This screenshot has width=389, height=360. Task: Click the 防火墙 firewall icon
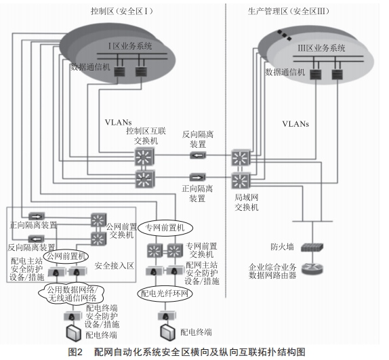[312, 247]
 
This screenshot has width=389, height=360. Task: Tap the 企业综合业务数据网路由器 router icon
[312, 268]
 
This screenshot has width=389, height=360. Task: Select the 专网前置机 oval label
[165, 228]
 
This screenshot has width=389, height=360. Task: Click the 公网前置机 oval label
[66, 256]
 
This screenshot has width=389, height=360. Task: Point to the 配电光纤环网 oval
[165, 294]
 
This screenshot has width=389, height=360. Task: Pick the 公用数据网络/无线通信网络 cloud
[71, 294]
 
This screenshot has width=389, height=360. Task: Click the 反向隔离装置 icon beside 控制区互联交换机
[198, 155]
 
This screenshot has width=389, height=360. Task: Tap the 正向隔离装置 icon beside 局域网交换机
[197, 178]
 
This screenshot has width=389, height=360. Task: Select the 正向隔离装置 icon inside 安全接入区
[37, 216]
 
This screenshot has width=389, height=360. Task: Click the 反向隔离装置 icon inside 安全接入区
[37, 239]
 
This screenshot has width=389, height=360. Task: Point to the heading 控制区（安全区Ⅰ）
[121, 11]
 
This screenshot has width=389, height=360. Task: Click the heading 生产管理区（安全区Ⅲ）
[288, 11]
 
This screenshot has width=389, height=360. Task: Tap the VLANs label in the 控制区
[118, 122]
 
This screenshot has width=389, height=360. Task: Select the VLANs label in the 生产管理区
[295, 124]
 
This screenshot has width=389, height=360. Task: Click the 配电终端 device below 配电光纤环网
[166, 332]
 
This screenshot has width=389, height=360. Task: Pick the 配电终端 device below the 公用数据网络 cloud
[74, 334]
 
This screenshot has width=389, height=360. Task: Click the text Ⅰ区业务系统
[129, 46]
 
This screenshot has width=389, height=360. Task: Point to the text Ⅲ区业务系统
[321, 48]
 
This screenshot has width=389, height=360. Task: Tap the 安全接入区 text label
[114, 266]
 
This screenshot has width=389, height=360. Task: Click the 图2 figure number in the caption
[75, 352]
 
